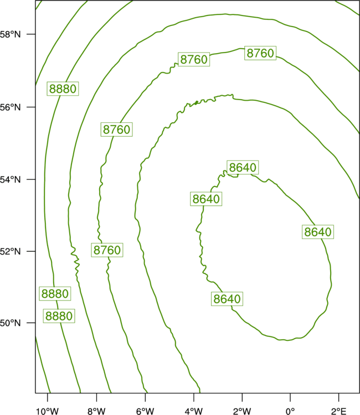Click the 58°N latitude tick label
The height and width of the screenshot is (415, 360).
(10, 34)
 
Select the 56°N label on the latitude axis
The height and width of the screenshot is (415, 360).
(10, 107)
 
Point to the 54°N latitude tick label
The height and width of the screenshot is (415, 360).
(10, 179)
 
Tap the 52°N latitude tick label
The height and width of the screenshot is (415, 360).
(10, 251)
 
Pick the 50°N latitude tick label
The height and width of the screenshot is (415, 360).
(10, 323)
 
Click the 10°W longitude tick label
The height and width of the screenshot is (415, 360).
(47, 411)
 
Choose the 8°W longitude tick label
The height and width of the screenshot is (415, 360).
(96, 411)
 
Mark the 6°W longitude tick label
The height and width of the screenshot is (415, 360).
(145, 411)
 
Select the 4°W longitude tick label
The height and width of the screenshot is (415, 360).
(194, 411)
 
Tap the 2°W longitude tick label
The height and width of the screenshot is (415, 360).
(242, 411)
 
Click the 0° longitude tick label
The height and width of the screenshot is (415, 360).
(291, 411)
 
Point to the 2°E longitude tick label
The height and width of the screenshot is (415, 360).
(338, 411)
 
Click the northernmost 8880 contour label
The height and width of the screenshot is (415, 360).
(63, 89)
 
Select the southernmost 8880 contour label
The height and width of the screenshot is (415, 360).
(59, 316)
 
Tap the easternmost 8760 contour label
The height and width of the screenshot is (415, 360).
(260, 53)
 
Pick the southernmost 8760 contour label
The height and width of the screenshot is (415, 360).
(107, 250)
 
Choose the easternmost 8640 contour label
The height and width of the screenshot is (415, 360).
(318, 232)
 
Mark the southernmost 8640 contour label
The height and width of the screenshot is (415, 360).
(227, 299)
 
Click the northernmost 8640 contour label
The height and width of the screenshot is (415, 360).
(243, 167)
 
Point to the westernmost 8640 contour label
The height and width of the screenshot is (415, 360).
(206, 199)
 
